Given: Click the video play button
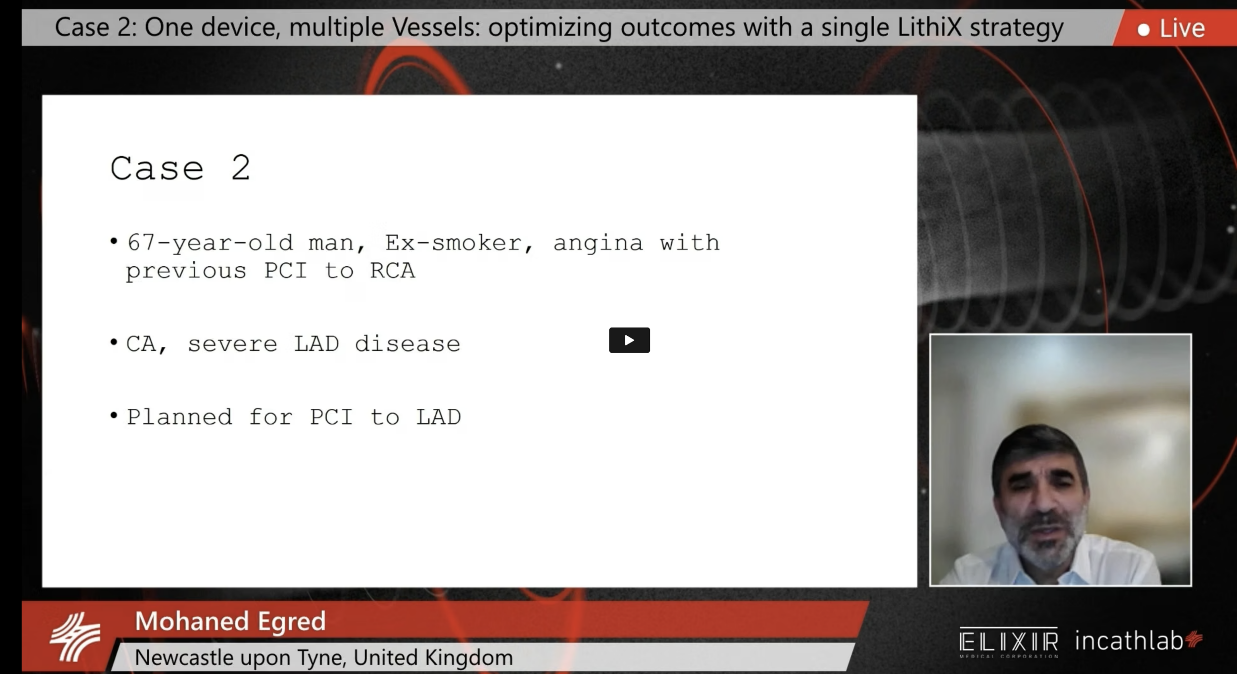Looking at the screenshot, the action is (x=629, y=340).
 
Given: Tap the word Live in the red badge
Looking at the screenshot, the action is (x=1182, y=29).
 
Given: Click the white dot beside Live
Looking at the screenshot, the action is (x=1143, y=30).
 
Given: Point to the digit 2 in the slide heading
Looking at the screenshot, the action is (x=241, y=168).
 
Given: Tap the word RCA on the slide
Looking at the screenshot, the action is (x=392, y=271).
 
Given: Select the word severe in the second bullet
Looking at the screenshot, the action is (x=232, y=344).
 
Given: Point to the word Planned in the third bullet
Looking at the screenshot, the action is (x=179, y=417).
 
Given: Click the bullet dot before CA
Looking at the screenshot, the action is (x=114, y=342).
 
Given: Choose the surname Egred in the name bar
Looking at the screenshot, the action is (x=292, y=621).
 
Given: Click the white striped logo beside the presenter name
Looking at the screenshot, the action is (x=75, y=637).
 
